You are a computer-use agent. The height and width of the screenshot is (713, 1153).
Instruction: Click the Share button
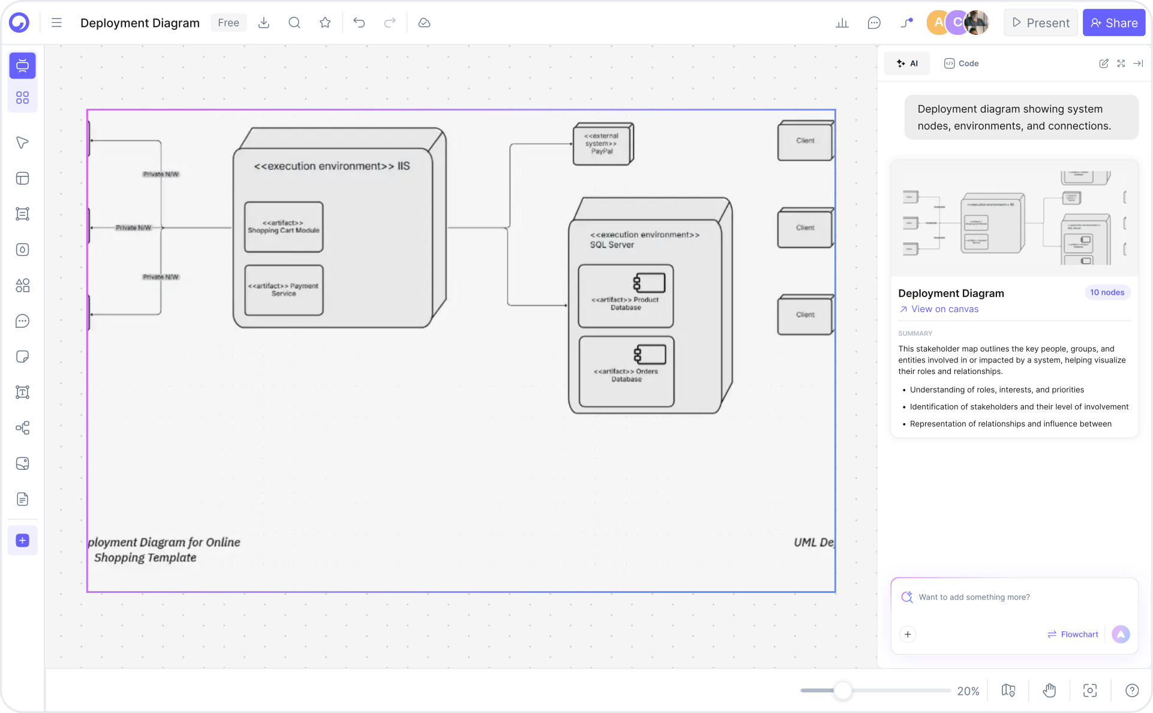pos(1113,23)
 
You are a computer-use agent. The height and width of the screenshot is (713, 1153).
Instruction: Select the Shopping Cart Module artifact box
pos(284,227)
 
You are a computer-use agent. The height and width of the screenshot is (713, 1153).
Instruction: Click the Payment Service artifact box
pos(284,290)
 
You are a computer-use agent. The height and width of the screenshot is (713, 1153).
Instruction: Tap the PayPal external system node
pos(602,144)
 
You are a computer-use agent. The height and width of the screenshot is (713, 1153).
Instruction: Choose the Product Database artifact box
pos(626,296)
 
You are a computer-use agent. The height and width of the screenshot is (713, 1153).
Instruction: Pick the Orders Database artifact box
pos(626,371)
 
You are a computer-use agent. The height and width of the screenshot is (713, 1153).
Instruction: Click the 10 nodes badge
pos(1107,292)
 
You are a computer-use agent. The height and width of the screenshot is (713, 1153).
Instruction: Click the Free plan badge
pos(229,23)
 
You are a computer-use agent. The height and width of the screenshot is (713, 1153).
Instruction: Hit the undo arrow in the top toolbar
pos(359,23)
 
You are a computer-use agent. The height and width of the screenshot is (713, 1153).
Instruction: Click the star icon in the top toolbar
pos(325,23)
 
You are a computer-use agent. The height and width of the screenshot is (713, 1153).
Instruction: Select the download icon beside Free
pos(263,23)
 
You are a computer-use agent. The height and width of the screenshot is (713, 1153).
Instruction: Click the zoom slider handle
pos(843,691)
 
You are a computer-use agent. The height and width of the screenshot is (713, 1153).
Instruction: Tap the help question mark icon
pos(1132,691)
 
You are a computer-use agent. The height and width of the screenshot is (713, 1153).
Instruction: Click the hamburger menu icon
pos(56,23)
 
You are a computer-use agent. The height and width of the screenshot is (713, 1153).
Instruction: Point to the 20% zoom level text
pos(968,691)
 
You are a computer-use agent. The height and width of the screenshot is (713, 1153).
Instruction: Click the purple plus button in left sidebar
pos(22,540)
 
